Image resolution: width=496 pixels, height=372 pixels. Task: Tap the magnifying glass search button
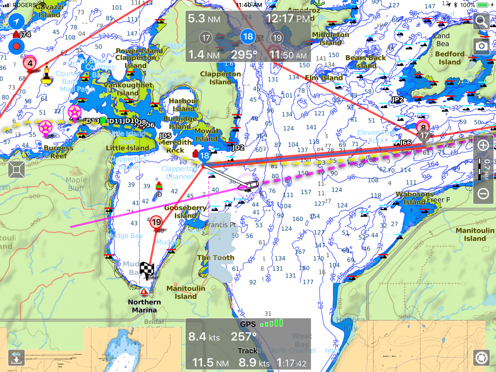(x=481, y=22)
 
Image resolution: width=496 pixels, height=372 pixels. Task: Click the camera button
(x=481, y=46)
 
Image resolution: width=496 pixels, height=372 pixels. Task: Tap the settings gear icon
(x=481, y=358)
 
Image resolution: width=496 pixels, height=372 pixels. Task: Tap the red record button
(x=16, y=47)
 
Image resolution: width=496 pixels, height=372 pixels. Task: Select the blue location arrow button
(x=16, y=21)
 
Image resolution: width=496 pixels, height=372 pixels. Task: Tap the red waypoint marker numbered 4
(x=30, y=64)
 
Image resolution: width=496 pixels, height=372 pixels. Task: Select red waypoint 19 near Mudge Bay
(x=156, y=222)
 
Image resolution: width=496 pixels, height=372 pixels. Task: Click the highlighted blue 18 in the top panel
(x=248, y=37)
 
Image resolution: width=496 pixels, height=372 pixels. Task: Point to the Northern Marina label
(x=144, y=306)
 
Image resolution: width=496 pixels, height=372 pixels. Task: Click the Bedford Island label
(x=449, y=58)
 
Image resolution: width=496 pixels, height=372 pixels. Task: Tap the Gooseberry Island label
(x=185, y=212)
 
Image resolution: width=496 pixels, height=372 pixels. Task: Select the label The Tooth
(x=216, y=258)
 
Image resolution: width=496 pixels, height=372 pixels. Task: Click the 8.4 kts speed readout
(x=204, y=337)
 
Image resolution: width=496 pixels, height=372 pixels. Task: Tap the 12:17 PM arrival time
(x=288, y=19)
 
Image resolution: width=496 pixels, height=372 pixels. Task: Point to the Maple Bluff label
(x=76, y=184)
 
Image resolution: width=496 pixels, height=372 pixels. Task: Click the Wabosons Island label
(x=414, y=198)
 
